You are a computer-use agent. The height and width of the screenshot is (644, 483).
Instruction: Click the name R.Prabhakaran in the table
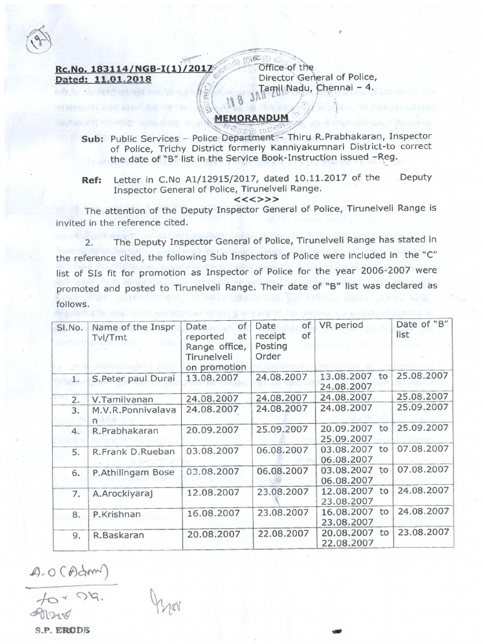(123, 431)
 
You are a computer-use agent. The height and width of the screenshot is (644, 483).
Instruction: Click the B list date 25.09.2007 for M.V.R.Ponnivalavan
(421, 409)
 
